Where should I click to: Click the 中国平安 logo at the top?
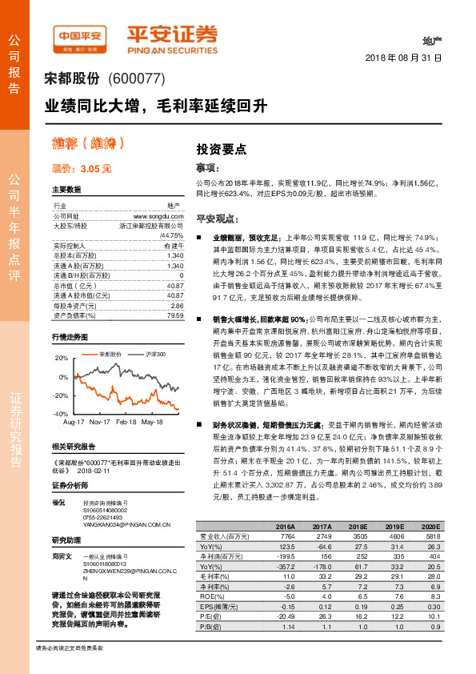(80, 36)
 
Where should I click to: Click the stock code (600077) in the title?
(134, 78)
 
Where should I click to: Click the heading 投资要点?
(222, 149)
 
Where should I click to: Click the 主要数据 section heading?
(67, 190)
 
